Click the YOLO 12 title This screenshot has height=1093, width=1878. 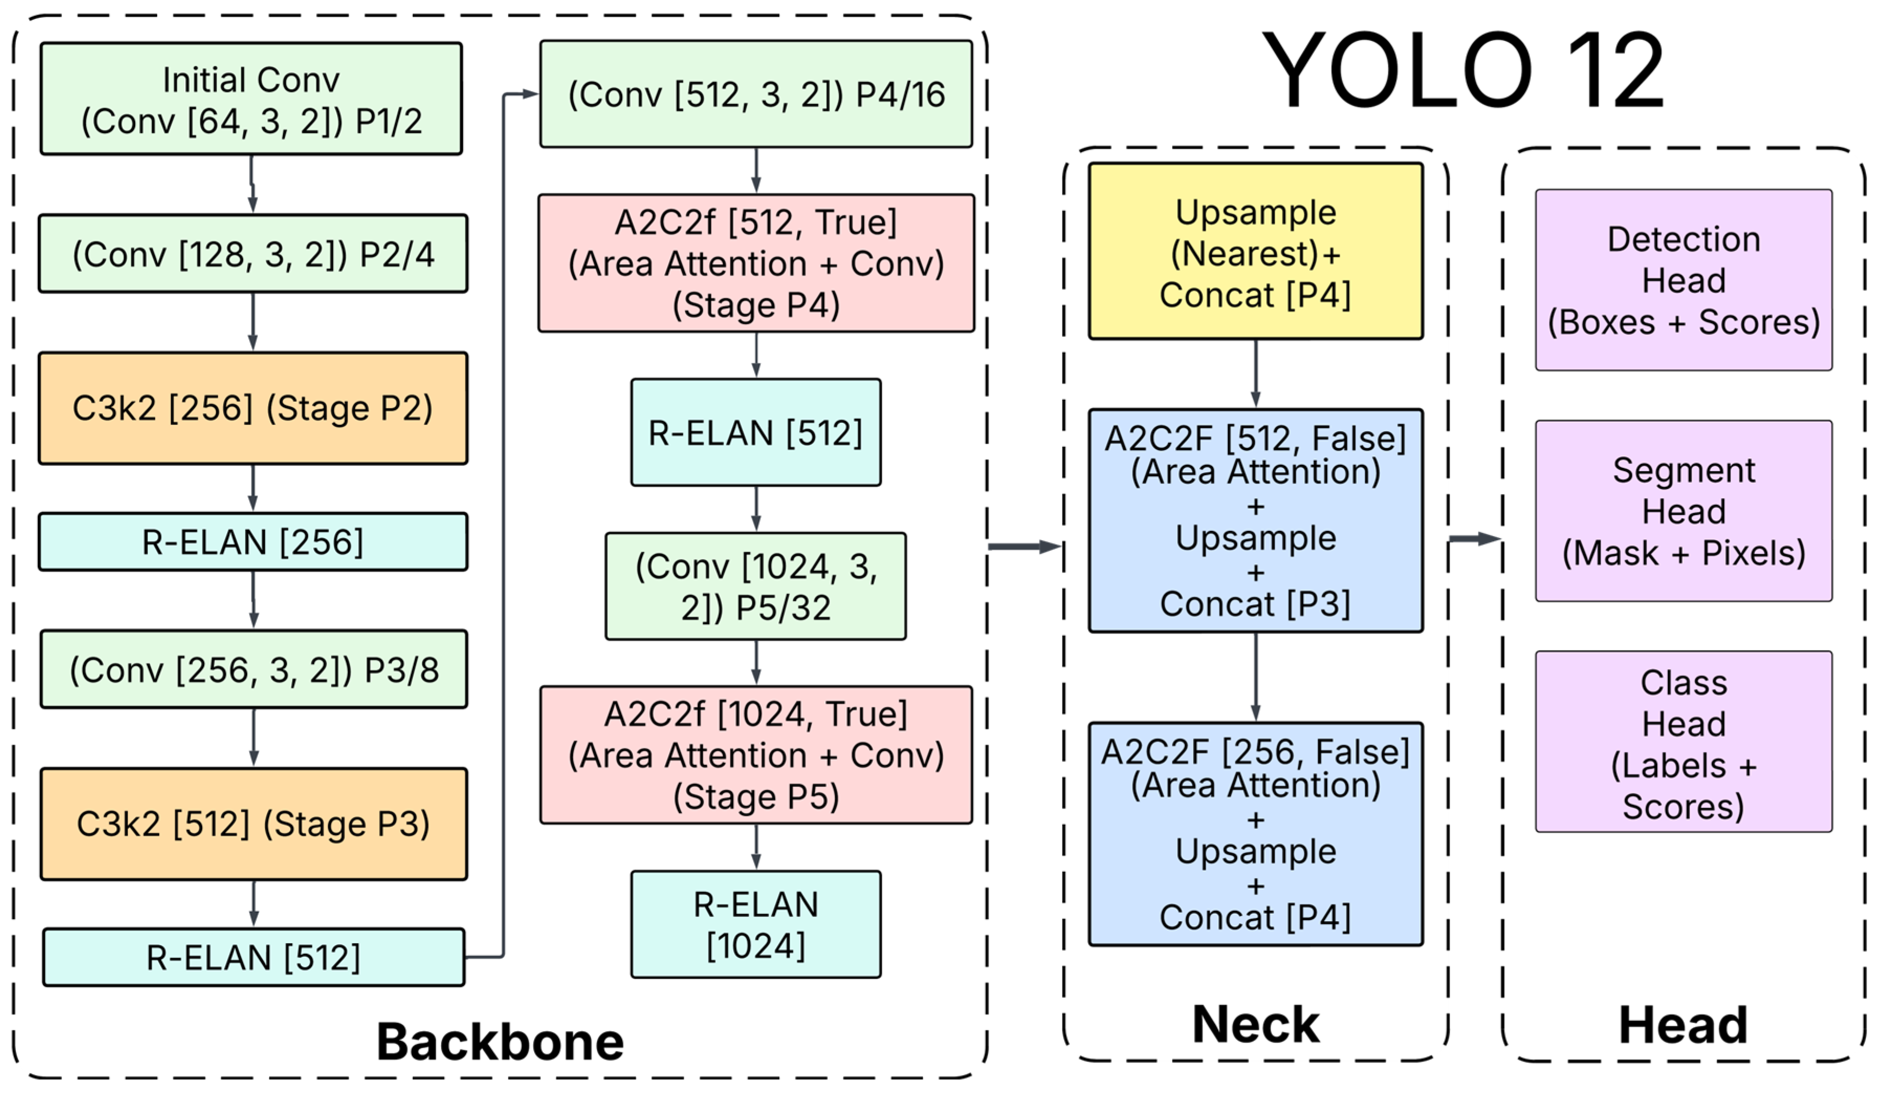(1462, 70)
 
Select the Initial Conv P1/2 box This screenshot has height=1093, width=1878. (251, 99)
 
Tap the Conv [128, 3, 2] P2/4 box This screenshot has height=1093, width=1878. (253, 254)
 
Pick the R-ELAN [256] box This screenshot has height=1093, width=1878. (253, 542)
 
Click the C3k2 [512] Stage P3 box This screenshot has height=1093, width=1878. (254, 824)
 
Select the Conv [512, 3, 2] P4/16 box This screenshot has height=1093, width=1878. (756, 94)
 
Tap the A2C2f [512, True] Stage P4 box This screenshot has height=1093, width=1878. (756, 263)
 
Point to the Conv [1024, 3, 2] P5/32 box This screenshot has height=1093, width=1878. (756, 586)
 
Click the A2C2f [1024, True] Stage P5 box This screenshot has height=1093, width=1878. (756, 755)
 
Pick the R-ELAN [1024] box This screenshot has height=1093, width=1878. (756, 924)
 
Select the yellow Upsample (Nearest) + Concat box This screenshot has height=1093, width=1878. (1256, 252)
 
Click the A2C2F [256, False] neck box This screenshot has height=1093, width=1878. (1256, 834)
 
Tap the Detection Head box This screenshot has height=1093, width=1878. (1684, 280)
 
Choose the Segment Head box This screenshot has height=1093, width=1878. (1684, 511)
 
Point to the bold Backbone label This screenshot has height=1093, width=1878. (500, 1042)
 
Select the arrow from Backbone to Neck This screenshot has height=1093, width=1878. (1025, 546)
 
